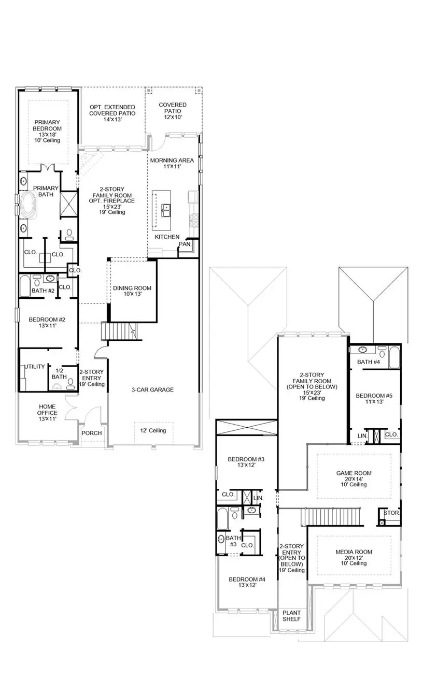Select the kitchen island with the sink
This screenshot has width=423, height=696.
[161, 210]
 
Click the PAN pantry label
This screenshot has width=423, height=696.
[184, 244]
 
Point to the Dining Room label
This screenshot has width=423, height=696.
[132, 291]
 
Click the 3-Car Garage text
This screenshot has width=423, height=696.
[152, 390]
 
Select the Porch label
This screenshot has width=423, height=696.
[92, 433]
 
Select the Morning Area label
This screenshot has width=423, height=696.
[172, 164]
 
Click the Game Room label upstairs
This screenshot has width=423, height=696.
[354, 479]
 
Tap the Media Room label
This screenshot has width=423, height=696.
[354, 557]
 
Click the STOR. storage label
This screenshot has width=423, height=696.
[391, 513]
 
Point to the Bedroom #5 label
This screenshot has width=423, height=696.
[374, 399]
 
